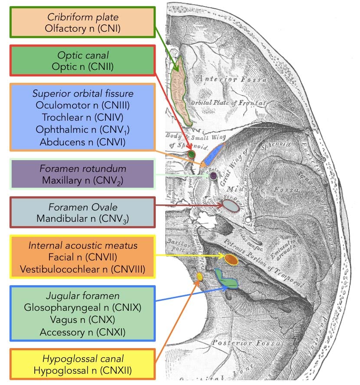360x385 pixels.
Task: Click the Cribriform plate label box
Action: pyautogui.click(x=82, y=23)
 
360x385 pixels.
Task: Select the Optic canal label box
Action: pyautogui.click(x=82, y=61)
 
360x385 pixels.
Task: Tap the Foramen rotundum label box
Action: pyautogui.click(x=82, y=174)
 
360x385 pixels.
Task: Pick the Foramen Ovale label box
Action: pyautogui.click(x=82, y=212)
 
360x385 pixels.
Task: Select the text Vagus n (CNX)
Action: pyautogui.click(x=83, y=320)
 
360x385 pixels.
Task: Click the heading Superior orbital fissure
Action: pyautogui.click(x=83, y=94)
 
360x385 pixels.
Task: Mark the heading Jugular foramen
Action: pyautogui.click(x=83, y=296)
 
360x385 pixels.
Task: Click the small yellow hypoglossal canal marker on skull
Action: pyautogui.click(x=200, y=276)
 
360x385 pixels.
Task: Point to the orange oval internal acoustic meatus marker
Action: pyautogui.click(x=231, y=260)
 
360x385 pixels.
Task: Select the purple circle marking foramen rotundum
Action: pyautogui.click(x=213, y=176)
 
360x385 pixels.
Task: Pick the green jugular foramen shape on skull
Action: pyautogui.click(x=226, y=280)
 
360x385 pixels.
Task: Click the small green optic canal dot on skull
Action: pyautogui.click(x=192, y=154)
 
